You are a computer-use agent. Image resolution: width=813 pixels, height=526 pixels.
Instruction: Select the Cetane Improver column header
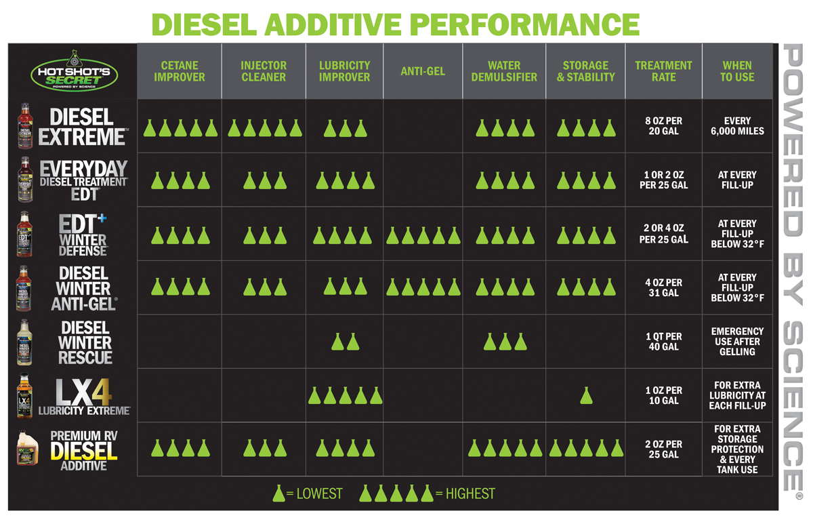point(180,71)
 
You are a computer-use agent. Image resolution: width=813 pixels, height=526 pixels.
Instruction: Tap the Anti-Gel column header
point(423,71)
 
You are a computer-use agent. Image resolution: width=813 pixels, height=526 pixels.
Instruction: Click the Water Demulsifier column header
point(504,71)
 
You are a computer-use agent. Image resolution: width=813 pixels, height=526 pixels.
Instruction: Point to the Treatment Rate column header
point(663,71)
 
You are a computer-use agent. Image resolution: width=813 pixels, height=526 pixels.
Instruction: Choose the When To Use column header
point(737,71)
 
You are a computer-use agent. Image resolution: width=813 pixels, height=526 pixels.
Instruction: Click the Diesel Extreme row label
point(81,126)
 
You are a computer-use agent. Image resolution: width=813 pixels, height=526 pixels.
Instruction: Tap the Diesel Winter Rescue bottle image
point(26,342)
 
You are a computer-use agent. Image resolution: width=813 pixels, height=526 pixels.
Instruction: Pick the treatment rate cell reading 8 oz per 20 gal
point(663,126)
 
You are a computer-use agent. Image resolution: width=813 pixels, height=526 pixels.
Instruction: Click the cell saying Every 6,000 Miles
point(737,126)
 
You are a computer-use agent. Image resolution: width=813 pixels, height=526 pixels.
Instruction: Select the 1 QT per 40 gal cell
point(663,342)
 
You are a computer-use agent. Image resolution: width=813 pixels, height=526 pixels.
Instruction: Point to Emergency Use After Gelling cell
point(737,342)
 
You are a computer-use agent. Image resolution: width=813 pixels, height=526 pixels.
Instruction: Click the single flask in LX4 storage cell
point(587,396)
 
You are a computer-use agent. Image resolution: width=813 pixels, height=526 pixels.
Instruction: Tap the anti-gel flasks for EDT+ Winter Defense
point(423,235)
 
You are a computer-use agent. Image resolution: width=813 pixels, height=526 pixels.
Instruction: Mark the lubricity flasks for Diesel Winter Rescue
point(345,342)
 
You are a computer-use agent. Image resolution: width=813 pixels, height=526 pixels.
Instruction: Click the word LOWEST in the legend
point(319,493)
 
